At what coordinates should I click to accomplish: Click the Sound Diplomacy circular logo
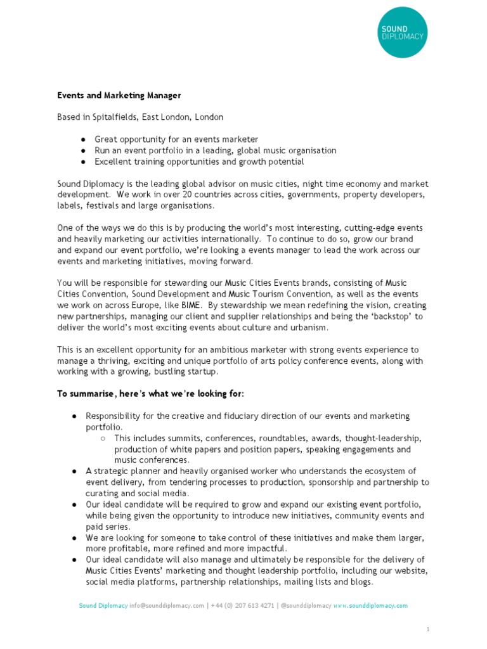pyautogui.click(x=402, y=32)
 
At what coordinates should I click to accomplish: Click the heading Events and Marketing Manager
pyautogui.click(x=119, y=96)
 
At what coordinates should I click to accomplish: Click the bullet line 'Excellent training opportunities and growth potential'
pyautogui.click(x=199, y=162)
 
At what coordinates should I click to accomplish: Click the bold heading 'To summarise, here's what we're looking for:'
pyautogui.click(x=150, y=394)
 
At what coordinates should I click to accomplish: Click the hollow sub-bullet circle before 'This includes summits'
pyautogui.click(x=103, y=438)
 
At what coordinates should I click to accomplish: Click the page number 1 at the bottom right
pyautogui.click(x=428, y=629)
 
